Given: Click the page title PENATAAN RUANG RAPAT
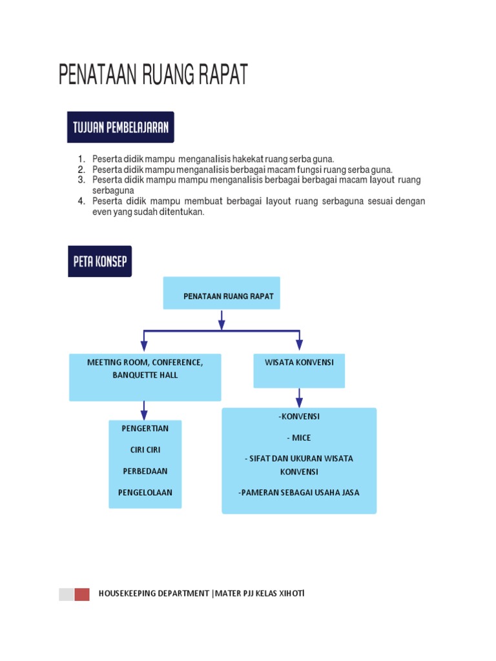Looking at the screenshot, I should (153, 75).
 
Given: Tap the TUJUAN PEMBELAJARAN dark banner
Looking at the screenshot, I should (121, 127).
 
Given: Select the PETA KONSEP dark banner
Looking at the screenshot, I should (99, 261).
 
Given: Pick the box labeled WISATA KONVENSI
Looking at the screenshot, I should (299, 370).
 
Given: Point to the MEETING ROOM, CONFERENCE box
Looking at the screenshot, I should (145, 376).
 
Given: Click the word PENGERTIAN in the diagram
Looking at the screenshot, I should (145, 428).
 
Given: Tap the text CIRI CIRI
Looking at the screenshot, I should (145, 449).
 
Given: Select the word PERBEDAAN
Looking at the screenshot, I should (145, 471).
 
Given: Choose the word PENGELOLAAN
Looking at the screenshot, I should (145, 493).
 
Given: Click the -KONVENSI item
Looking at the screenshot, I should (299, 416).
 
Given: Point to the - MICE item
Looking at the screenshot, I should (299, 438).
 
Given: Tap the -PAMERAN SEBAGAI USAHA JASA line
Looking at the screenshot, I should (299, 493).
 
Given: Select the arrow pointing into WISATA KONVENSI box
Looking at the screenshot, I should (299, 341).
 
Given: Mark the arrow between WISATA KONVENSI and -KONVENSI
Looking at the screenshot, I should (299, 397).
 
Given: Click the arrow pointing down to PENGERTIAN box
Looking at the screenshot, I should (144, 410).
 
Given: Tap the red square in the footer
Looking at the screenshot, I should (82, 595).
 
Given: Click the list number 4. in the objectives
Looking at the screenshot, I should (82, 201).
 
